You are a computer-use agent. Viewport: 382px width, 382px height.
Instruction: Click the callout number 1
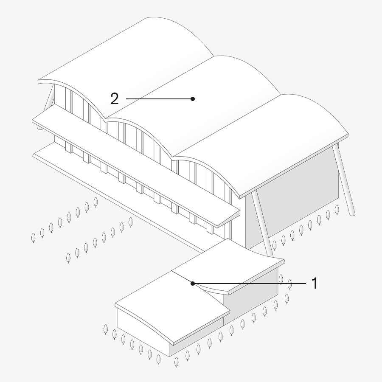pos(315,283)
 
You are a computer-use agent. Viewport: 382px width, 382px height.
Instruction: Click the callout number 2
pos(115,99)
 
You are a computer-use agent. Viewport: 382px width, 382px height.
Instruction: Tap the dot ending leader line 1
pos(193,283)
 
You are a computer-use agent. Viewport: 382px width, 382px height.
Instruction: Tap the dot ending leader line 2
pos(193,99)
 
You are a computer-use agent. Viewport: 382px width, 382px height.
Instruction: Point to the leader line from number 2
pos(159,99)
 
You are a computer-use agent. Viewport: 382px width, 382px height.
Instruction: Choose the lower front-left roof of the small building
pos(170,306)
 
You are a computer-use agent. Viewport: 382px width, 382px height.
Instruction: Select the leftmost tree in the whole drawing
pos(33,238)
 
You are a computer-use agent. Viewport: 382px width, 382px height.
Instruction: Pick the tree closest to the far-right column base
pos(337,210)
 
